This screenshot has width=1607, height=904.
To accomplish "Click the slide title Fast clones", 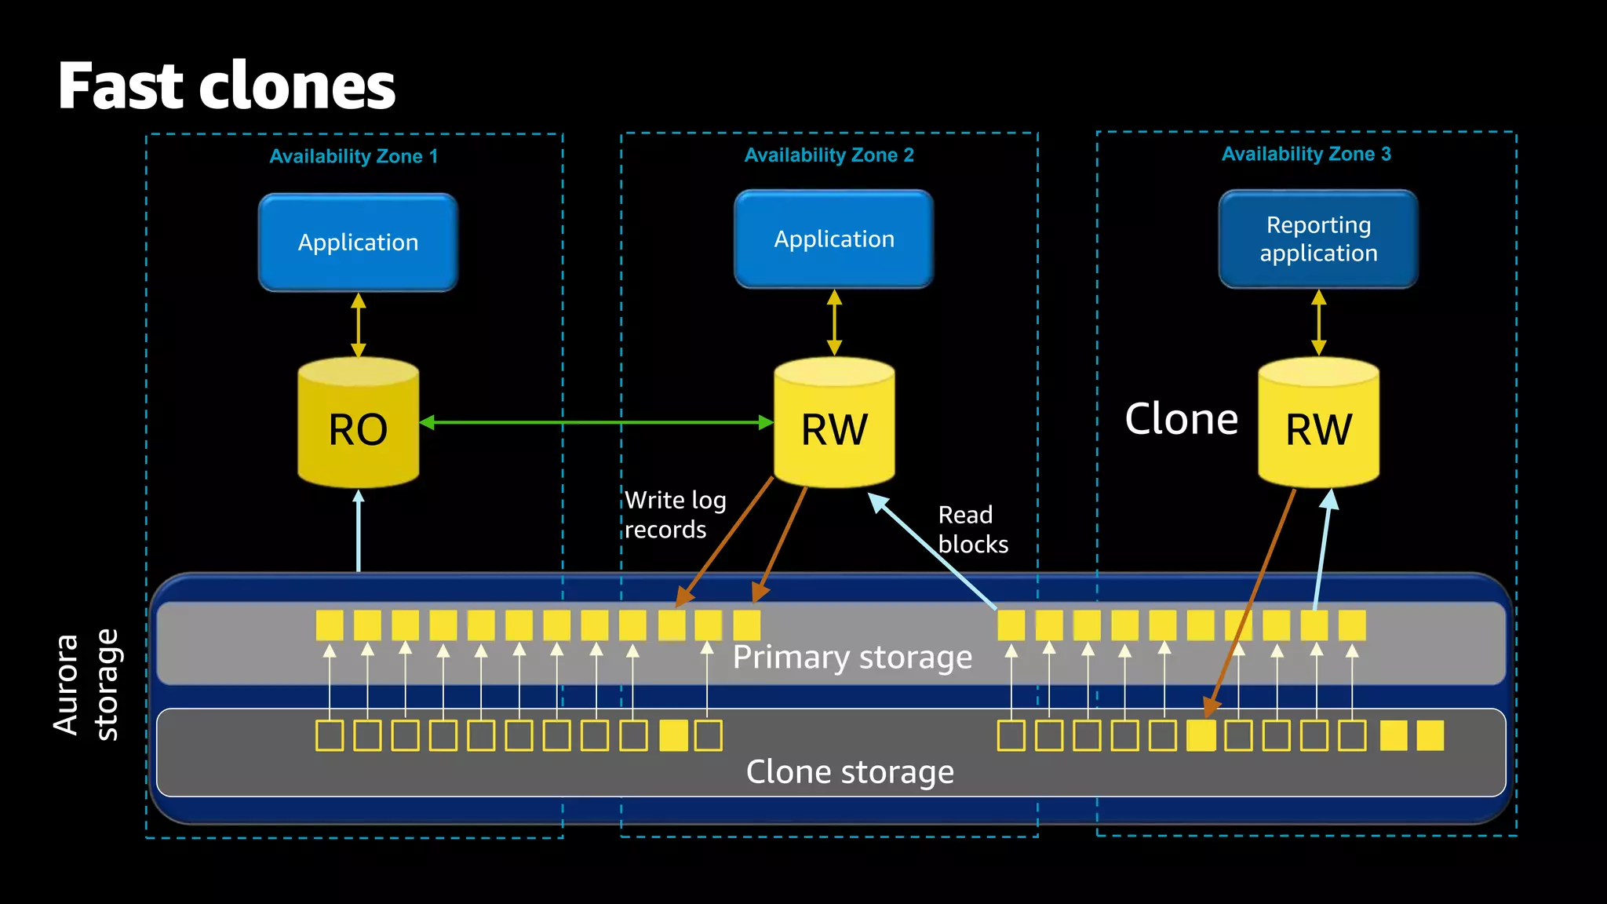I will [226, 86].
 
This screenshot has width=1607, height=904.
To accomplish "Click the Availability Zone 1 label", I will [353, 156].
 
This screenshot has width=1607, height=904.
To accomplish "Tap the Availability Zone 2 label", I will [829, 155].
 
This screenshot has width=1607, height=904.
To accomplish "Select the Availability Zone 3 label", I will [1306, 154].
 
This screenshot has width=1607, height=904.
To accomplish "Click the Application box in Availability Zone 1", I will [358, 242].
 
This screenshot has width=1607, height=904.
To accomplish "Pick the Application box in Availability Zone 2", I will [833, 239].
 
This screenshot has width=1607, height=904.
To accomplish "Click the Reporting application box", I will [1318, 239].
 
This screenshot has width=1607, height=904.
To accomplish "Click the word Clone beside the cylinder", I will [1181, 419].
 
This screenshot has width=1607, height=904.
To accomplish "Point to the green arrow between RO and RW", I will [596, 423].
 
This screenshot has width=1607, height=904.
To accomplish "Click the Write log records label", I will [675, 515].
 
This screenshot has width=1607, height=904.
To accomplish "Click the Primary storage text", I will [852, 657].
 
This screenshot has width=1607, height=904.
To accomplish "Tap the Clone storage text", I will [850, 772].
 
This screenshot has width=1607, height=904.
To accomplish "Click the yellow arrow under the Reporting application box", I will [1318, 323].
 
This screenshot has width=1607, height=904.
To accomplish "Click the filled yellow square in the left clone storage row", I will [673, 736].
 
